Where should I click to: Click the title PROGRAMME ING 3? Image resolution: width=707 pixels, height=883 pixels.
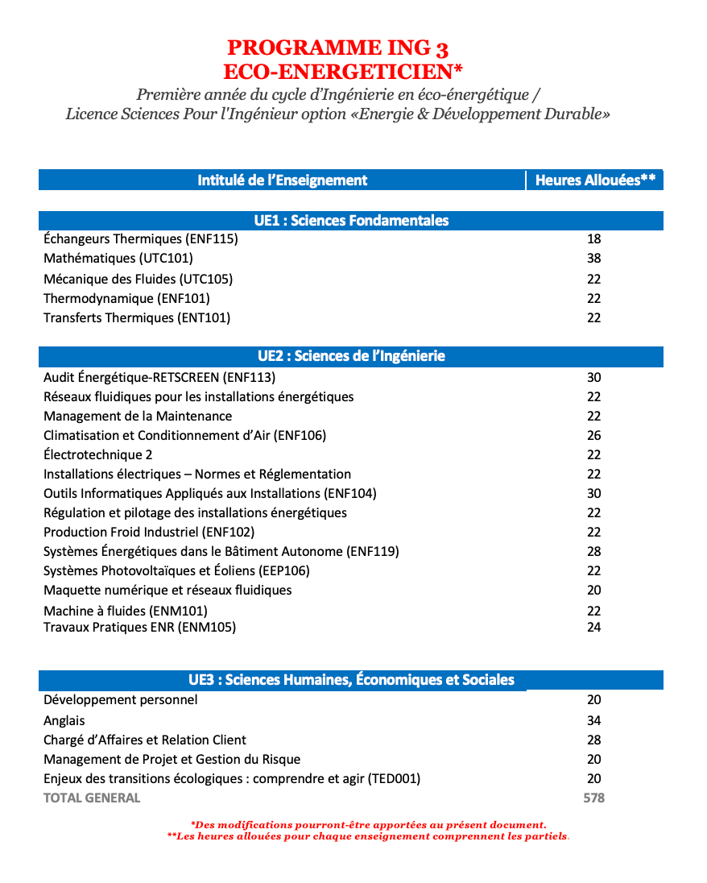337,48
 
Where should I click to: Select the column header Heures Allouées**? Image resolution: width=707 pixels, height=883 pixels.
594,180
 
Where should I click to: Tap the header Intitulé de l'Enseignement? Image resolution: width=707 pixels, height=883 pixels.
282,180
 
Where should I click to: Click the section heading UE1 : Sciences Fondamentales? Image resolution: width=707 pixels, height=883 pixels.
351,221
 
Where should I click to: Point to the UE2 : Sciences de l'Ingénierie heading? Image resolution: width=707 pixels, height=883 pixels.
351,356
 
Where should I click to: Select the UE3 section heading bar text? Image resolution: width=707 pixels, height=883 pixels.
351,680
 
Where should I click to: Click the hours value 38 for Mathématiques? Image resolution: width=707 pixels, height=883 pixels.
594,259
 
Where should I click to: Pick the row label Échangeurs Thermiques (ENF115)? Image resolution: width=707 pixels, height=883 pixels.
141,239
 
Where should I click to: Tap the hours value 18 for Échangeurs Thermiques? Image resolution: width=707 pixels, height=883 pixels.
594,239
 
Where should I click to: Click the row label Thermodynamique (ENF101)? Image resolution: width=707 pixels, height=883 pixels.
126,298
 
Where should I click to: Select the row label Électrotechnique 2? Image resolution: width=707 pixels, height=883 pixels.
98,454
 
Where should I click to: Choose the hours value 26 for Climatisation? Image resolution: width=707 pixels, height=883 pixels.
594,435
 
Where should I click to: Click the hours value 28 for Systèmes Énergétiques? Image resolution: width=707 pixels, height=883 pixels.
594,551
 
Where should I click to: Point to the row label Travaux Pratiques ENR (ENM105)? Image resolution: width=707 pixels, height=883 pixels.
139,627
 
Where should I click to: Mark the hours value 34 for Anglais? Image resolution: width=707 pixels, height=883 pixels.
594,720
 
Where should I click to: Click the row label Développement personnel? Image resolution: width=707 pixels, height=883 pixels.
120,699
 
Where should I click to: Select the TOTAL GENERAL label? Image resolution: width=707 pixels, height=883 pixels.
92,798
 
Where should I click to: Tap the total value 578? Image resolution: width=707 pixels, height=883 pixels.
593,798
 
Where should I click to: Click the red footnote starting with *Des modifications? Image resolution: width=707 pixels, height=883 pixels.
368,825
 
